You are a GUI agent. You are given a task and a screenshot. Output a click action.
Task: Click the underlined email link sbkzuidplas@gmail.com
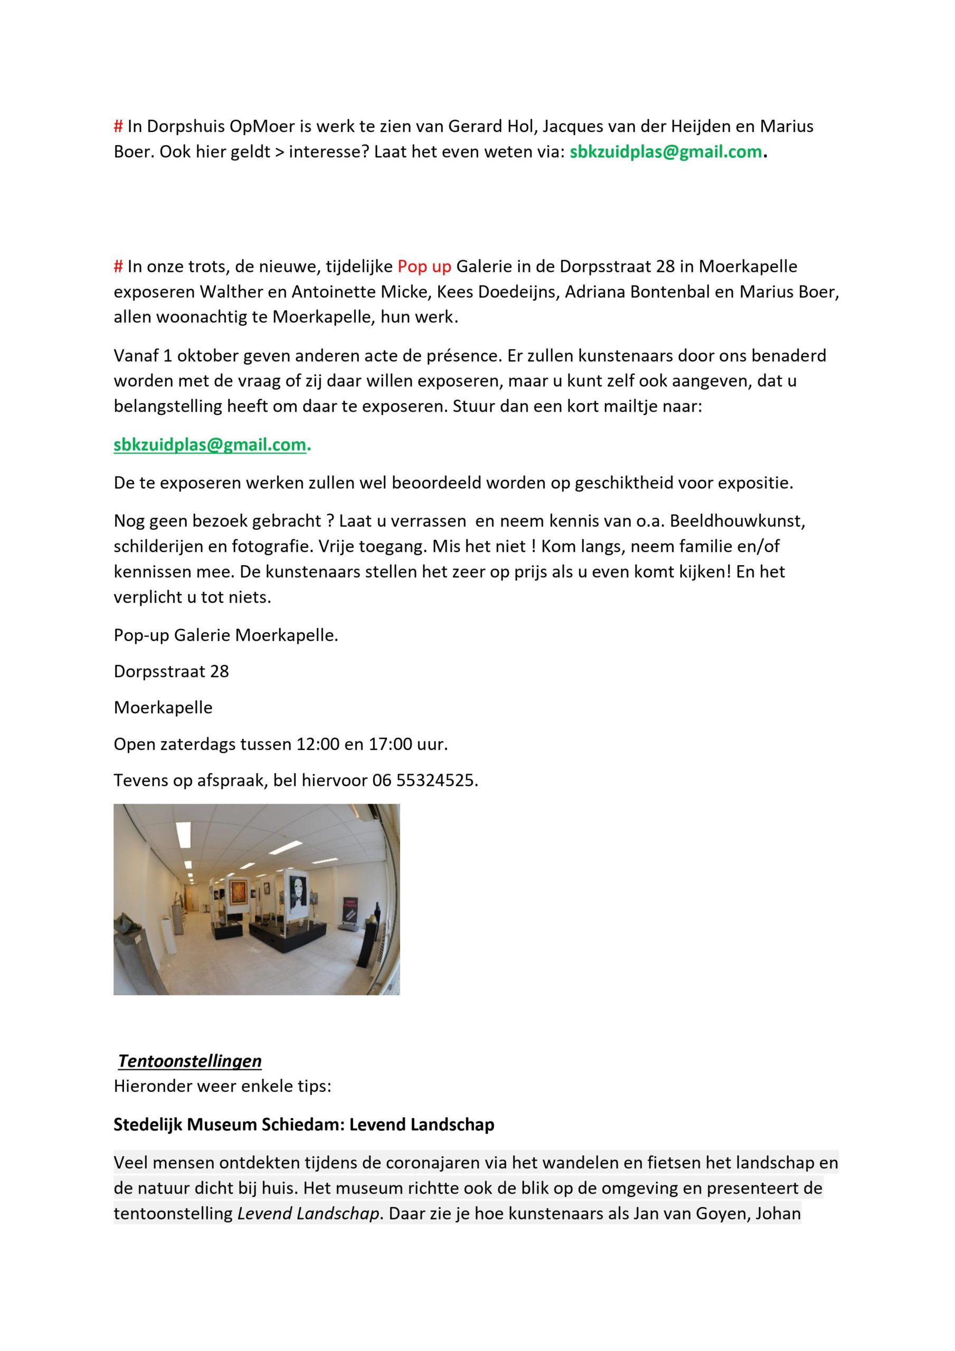[210, 445]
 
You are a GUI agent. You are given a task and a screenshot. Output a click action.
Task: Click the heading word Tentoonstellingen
[190, 1060]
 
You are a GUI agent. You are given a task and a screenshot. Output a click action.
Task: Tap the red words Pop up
[424, 267]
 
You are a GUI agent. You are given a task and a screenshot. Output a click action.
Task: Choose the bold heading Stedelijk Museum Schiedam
[225, 1124]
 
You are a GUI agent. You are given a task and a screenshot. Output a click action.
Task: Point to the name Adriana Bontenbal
[638, 292]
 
